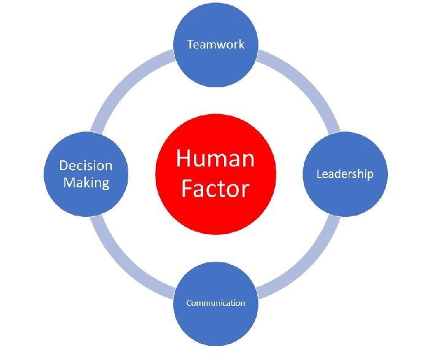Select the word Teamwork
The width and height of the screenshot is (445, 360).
click(x=215, y=44)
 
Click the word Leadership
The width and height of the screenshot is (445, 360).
click(x=344, y=174)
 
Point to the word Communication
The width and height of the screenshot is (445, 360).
click(x=215, y=303)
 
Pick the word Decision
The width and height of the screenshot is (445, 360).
click(x=85, y=166)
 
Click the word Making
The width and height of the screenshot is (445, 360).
click(x=85, y=182)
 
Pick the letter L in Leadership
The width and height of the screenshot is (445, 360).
click(x=319, y=174)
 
